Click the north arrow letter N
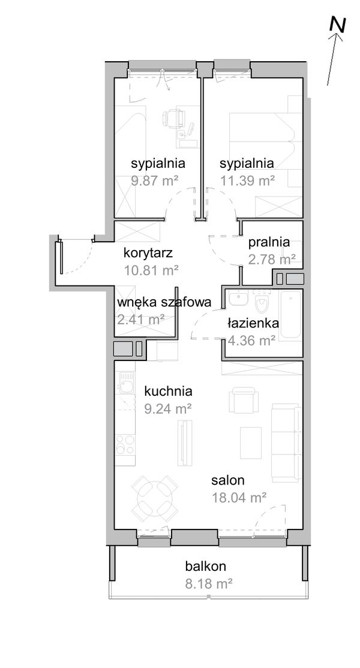(x=338, y=25)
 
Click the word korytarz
(x=151, y=252)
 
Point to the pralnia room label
(x=269, y=243)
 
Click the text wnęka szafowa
(x=164, y=302)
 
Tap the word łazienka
(x=253, y=323)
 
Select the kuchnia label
(x=168, y=392)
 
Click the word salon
(x=227, y=480)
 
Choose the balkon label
(x=205, y=565)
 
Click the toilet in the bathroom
(x=262, y=304)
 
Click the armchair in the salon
(x=244, y=399)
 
